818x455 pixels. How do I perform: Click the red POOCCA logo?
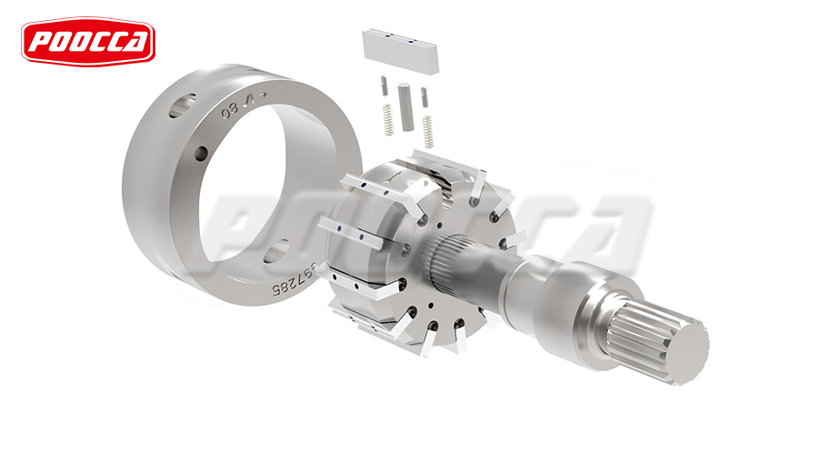(88, 42)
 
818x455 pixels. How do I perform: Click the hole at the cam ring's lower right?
(279, 248)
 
